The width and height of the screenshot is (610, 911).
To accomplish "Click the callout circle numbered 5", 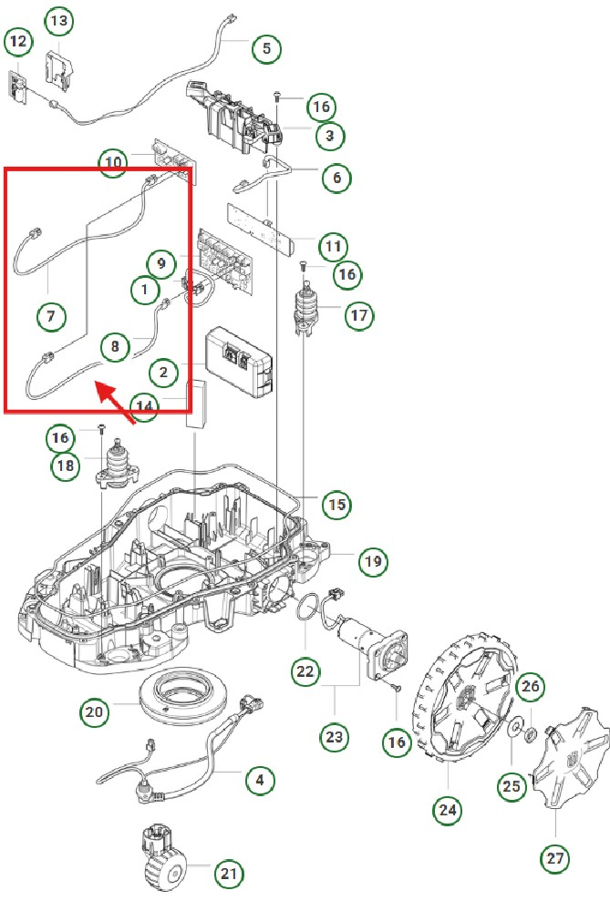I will click(x=266, y=48).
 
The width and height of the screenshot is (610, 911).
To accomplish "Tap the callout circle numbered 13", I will click(x=57, y=20).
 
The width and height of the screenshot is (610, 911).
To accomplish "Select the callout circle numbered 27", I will click(x=556, y=857).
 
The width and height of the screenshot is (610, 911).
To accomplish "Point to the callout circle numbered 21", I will click(x=229, y=875).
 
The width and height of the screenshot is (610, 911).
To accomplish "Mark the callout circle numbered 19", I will click(x=372, y=561).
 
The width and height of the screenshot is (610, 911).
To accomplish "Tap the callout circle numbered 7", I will click(x=51, y=316).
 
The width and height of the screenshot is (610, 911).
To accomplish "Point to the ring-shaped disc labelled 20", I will click(x=183, y=699).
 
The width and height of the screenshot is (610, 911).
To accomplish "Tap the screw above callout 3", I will click(x=276, y=96).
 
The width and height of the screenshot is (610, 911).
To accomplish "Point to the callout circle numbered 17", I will click(x=358, y=315).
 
